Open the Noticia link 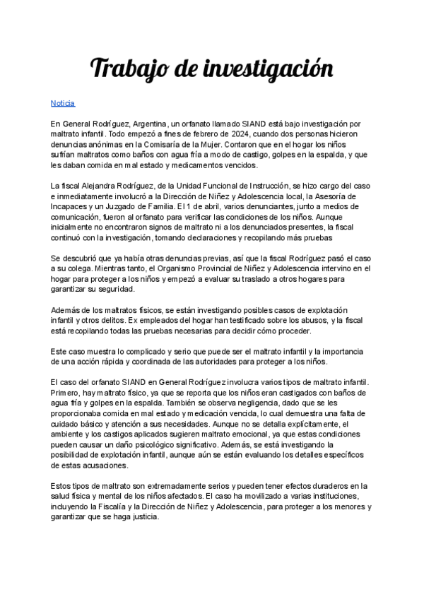pos(62,102)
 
